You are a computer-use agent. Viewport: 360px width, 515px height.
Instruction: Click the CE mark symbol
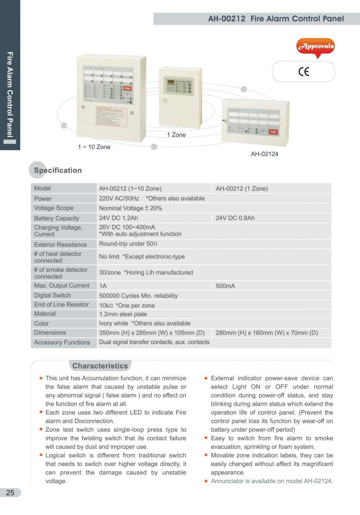coord(304,72)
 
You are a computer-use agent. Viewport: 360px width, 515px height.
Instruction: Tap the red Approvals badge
coord(315,47)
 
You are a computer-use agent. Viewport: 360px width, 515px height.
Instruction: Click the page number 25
coord(10,493)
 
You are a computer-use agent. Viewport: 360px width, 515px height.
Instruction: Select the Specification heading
coord(58,170)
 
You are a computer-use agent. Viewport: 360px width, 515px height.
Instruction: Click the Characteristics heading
coord(100,366)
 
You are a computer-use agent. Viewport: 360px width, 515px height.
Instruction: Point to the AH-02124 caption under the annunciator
coord(264,154)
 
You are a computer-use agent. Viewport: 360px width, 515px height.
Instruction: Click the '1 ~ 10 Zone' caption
coord(94,147)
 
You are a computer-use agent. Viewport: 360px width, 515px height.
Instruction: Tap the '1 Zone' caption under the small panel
coord(176,135)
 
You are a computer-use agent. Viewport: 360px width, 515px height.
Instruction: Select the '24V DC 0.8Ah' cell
coord(235,218)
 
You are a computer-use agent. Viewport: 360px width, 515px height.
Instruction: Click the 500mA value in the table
coord(225,286)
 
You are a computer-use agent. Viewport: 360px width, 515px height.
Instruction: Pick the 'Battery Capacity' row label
coord(57,218)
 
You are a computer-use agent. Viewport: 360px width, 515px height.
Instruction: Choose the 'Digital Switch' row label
coord(52,295)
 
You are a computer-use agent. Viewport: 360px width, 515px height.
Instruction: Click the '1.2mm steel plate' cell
coord(123,314)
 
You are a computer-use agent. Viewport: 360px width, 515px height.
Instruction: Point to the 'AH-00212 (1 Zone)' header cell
coord(242,188)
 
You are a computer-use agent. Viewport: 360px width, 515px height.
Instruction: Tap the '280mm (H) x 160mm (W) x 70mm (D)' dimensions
coord(267,333)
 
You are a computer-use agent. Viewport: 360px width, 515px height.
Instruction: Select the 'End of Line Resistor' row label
coord(62,305)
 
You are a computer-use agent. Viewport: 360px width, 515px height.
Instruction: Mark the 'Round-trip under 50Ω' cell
coord(128,244)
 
